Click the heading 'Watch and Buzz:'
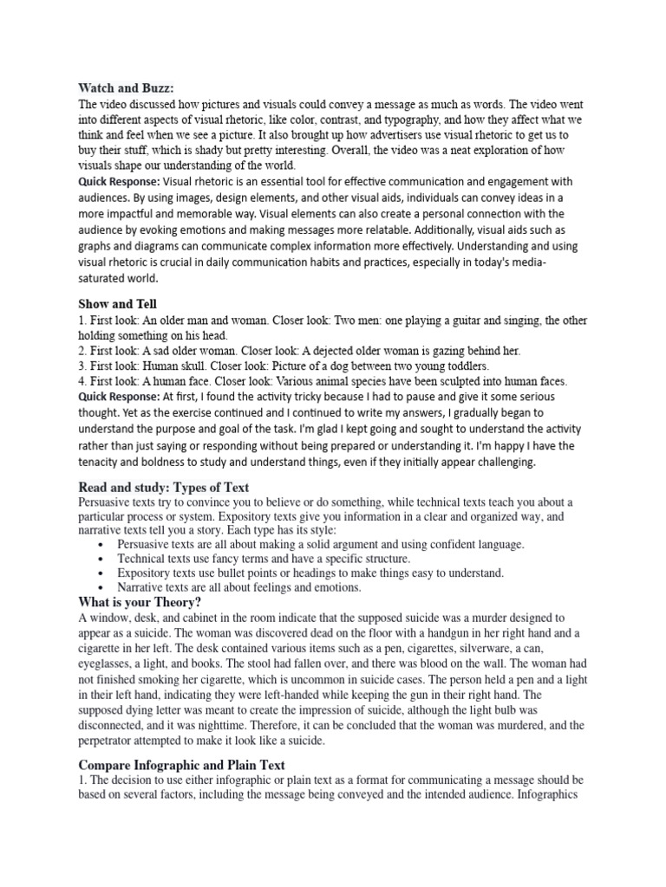[126, 87]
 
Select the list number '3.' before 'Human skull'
[83, 366]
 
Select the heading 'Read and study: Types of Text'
[164, 487]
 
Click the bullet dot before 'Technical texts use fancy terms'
[102, 560]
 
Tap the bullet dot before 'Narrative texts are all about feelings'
[102, 587]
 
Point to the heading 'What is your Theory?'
[140, 602]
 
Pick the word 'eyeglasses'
[108, 664]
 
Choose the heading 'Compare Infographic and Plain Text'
[181, 765]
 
